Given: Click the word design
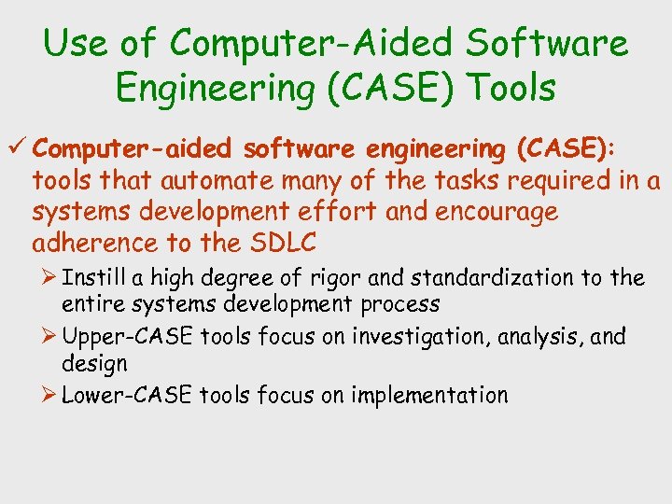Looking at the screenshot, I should [x=94, y=363].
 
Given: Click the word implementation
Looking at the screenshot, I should [x=429, y=396].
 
